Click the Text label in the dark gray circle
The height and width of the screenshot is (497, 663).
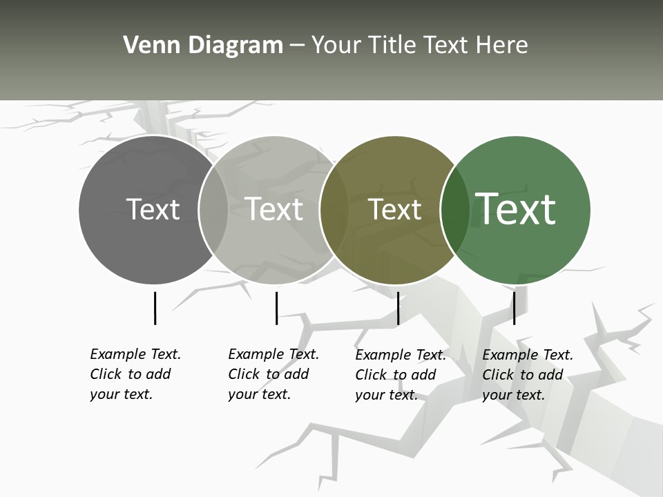pos(153,209)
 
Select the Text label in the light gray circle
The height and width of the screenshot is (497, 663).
pos(273,209)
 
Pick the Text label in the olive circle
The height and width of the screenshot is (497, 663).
pos(394,209)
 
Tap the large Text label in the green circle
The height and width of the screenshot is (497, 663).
pos(516,208)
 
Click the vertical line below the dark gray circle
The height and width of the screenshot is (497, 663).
pos(155,308)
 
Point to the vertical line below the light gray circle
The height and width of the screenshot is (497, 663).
pos(276,308)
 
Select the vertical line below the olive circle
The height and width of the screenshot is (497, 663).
pos(398,308)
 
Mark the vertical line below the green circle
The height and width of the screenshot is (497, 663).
pos(514,308)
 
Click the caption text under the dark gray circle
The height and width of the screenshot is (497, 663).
pos(135,374)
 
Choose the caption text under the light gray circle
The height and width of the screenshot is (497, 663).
pos(273,374)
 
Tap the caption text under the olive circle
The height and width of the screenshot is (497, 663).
pos(400,375)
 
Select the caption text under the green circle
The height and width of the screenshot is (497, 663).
pos(527,375)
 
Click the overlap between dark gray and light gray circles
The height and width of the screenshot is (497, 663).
pos(213,209)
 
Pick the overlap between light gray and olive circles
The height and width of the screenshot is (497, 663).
pos(334,209)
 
